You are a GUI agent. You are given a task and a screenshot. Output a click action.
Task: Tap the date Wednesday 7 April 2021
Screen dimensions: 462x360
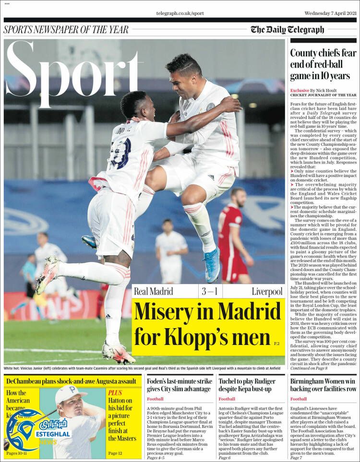(x=330, y=13)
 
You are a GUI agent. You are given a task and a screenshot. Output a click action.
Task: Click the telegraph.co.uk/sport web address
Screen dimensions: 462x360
(x=180, y=13)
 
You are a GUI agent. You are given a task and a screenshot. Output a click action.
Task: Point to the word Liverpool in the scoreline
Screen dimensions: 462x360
(x=267, y=291)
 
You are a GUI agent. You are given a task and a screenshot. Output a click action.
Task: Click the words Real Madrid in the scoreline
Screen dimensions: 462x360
(x=153, y=291)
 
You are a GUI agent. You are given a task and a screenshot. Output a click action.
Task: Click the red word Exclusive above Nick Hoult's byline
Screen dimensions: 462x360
(x=300, y=90)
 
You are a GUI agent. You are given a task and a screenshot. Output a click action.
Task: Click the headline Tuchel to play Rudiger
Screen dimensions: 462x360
(x=247, y=385)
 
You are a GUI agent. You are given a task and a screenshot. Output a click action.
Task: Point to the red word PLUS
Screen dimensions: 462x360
(x=115, y=392)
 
